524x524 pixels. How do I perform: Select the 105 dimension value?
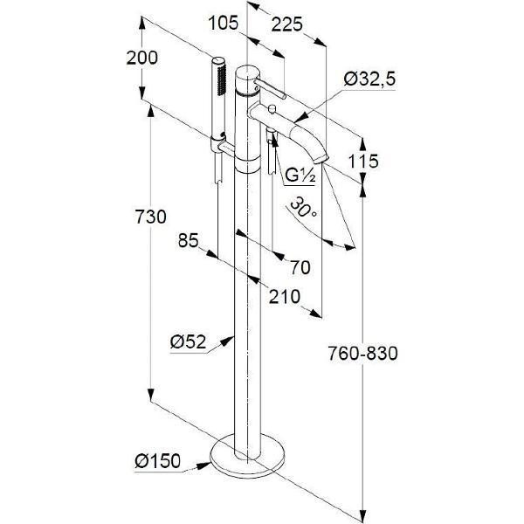pyautogui.click(x=224, y=24)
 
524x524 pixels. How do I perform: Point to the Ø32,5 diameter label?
pyautogui.click(x=369, y=79)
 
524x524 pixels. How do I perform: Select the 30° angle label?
pyautogui.click(x=303, y=210)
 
